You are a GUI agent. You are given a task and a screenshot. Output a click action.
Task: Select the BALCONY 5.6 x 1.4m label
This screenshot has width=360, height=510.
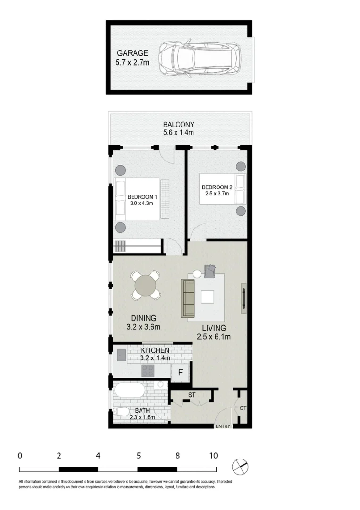(179, 128)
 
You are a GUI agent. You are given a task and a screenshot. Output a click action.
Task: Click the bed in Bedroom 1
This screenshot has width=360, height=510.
(136, 199)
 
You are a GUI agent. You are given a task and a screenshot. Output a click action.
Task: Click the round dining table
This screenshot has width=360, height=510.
(146, 286)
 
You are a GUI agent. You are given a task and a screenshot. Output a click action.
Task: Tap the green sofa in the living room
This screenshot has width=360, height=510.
(188, 298)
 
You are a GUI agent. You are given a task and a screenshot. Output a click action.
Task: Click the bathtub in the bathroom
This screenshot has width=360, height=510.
(129, 391)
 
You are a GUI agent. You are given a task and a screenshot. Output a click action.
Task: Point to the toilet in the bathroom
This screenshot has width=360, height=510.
(122, 412)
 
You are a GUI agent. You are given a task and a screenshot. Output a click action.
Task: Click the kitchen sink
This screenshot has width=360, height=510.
(121, 355)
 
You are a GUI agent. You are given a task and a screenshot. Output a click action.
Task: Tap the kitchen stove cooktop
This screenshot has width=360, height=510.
(148, 371)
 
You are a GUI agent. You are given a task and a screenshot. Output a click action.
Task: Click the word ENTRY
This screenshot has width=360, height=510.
(223, 426)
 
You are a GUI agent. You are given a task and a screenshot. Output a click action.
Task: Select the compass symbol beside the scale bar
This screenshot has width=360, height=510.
(240, 467)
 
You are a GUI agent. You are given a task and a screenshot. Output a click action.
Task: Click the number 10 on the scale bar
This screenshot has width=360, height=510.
(213, 456)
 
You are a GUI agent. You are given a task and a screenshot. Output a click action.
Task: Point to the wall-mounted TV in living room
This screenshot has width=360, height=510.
(243, 298)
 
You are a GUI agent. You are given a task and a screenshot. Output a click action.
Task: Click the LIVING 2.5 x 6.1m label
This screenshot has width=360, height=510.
(214, 332)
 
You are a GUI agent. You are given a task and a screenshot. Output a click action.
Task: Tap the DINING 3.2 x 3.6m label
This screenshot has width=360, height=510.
(144, 323)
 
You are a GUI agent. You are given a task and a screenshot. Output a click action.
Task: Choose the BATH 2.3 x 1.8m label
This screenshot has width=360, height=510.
(142, 414)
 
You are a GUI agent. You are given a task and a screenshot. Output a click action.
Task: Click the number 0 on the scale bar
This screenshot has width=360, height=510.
(20, 456)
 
